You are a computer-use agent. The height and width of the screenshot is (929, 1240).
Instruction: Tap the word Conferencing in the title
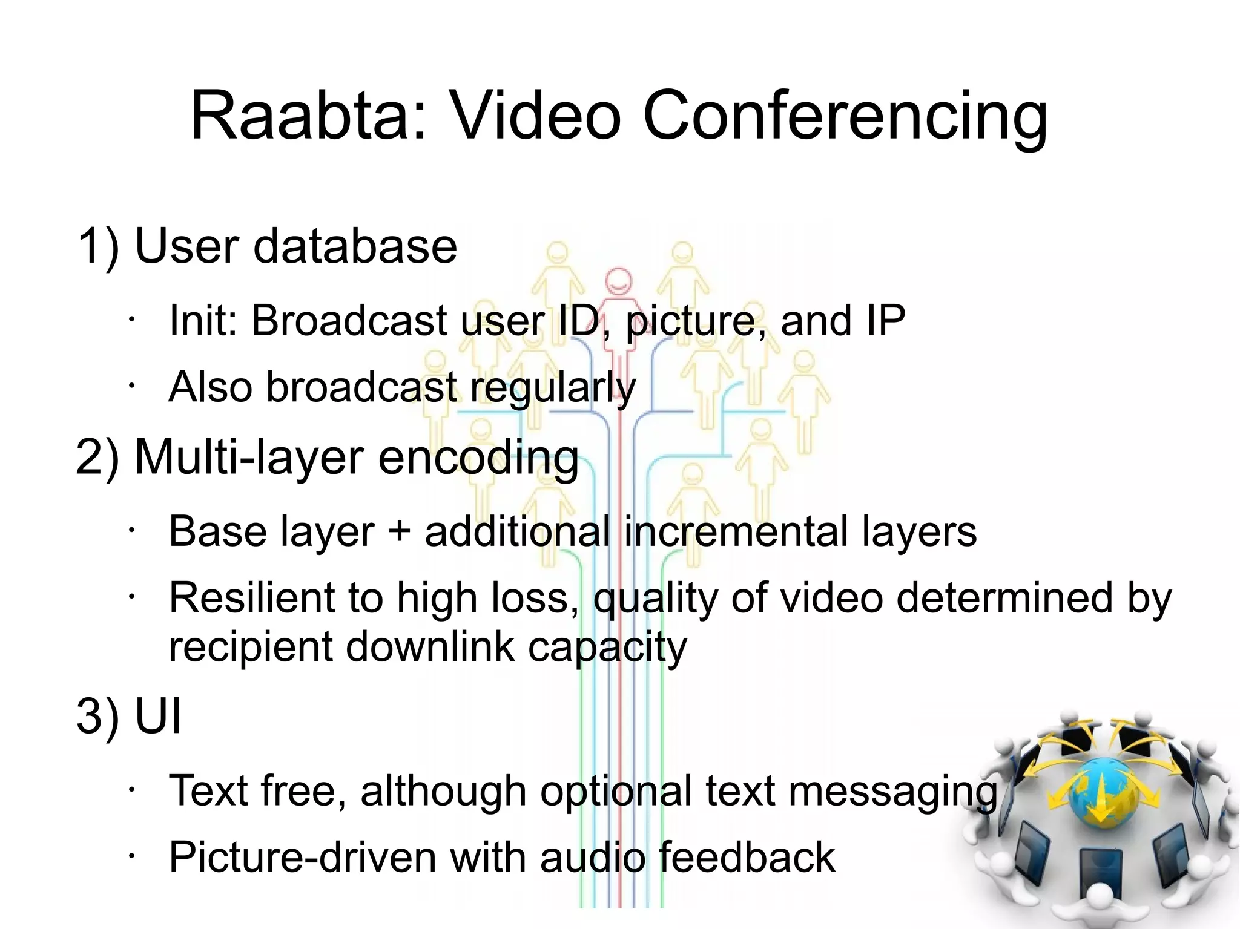click(845, 116)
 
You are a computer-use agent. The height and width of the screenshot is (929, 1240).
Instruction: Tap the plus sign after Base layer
click(399, 531)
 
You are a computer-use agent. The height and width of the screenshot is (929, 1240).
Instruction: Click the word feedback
click(746, 857)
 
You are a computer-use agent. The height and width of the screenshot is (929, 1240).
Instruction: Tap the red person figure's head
click(618, 281)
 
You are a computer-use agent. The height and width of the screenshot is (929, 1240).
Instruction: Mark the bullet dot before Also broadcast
click(130, 386)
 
